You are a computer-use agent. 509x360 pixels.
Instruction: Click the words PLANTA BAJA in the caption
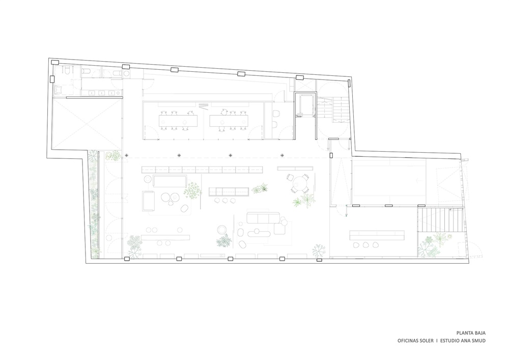point(471,333)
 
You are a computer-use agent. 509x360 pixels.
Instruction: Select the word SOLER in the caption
point(426,341)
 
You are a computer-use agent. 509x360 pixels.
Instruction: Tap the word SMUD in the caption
point(479,341)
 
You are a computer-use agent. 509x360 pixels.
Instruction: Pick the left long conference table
point(178,121)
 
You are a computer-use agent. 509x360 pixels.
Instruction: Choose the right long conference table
point(229,121)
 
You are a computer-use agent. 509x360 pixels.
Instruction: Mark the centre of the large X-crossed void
point(87,124)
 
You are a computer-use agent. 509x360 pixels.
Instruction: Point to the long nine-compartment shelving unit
point(202,170)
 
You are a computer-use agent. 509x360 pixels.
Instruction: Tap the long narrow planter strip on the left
point(94,204)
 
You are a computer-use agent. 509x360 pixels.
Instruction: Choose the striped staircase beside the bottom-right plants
point(440,220)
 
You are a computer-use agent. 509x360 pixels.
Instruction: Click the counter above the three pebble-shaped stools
point(377,235)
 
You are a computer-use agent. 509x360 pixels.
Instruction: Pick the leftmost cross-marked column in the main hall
point(127,155)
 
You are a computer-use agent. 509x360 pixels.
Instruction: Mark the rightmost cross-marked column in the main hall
point(282,155)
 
